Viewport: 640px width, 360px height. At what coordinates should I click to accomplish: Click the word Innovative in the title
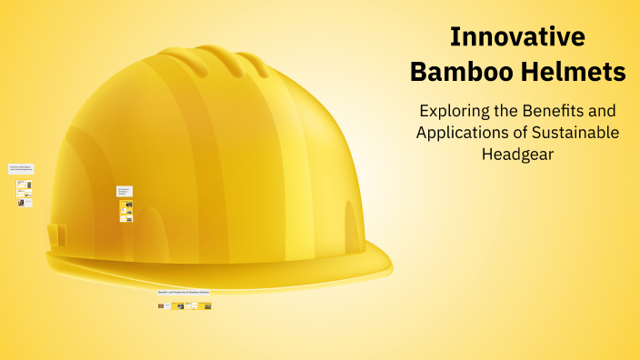pos(517,37)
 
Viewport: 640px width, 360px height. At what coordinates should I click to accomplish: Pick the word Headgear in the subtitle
pos(517,155)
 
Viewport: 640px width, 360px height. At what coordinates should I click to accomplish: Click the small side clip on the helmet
pos(56,234)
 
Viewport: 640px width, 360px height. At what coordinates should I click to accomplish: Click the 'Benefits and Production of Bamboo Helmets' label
pos(184,293)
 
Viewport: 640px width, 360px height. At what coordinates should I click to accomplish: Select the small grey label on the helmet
pos(125,192)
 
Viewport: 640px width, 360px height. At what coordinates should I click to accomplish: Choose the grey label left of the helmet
pos(21,168)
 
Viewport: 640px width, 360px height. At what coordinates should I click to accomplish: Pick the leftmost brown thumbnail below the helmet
pos(161,306)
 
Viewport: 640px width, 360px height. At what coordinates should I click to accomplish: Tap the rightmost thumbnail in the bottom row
pos(208,306)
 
